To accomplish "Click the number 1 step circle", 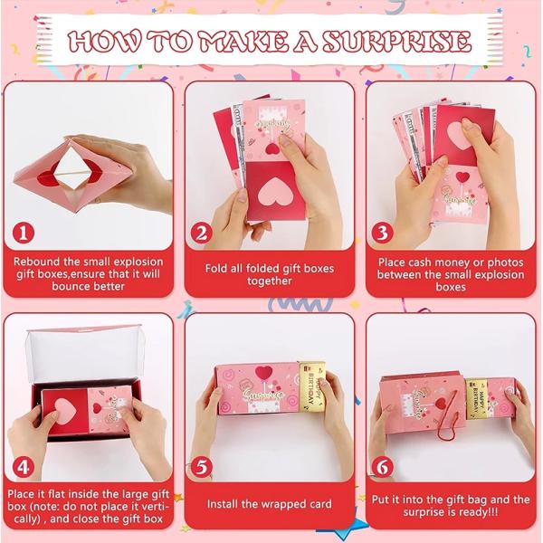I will point(26,234).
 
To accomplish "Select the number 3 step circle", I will point(384,233).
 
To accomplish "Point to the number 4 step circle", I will point(26,469).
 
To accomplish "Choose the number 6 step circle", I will point(383,468).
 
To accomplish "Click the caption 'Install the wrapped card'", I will point(269,504).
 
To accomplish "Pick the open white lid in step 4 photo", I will point(86,342).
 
